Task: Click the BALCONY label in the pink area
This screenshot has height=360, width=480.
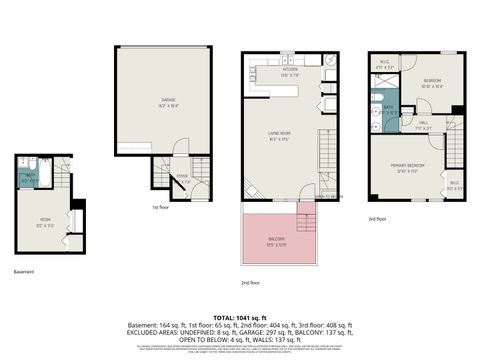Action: [x=276, y=238]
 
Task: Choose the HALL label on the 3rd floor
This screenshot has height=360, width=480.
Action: [x=424, y=125]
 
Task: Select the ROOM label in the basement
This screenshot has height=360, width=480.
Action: [x=45, y=221]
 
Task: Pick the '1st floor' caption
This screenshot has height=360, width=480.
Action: [x=159, y=207]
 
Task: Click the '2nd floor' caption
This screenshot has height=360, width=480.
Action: [x=250, y=283]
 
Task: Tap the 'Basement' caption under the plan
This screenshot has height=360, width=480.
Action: [x=24, y=271]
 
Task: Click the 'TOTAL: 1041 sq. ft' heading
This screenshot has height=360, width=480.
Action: [x=239, y=316]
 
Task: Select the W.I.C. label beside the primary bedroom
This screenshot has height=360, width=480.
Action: [x=453, y=183]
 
